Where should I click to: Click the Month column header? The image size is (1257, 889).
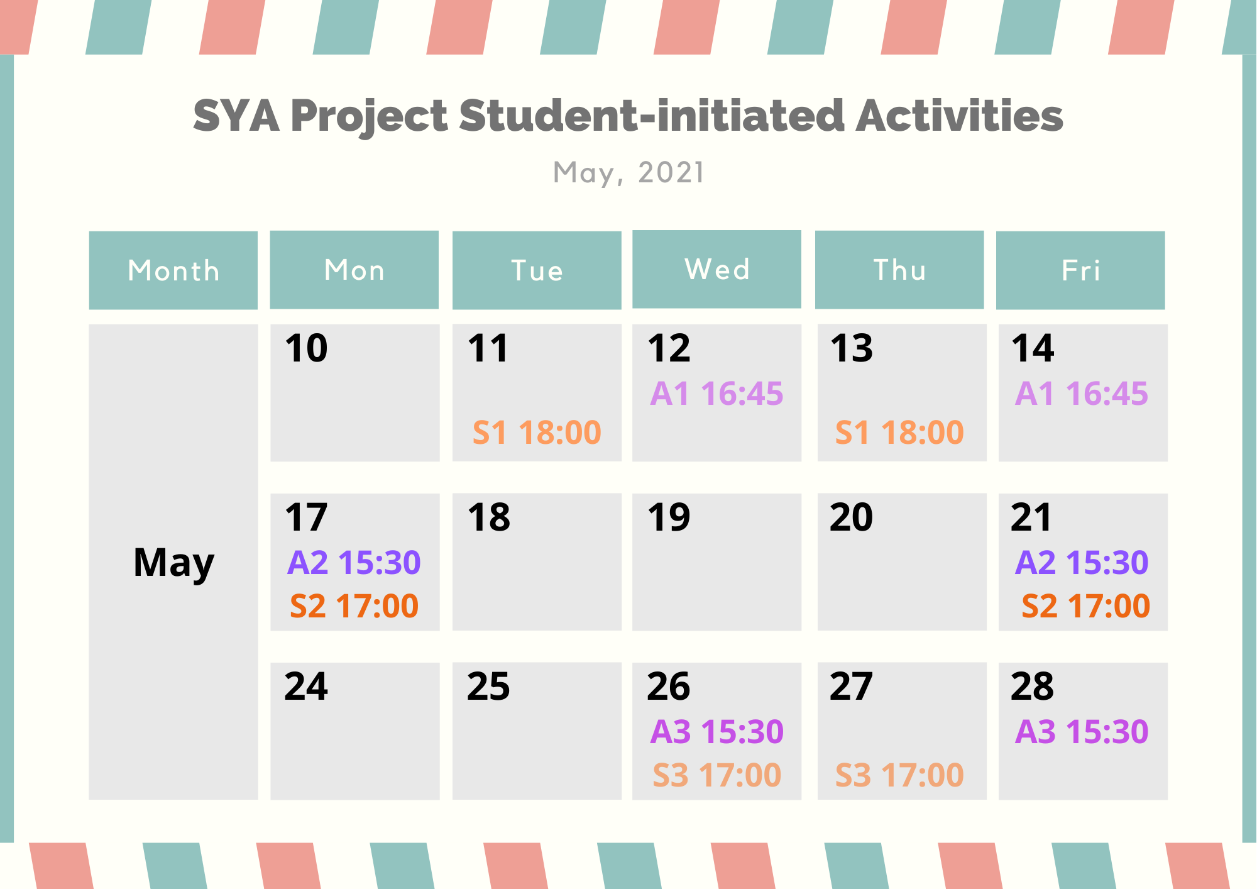click(173, 270)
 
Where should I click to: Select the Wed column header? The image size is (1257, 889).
click(716, 269)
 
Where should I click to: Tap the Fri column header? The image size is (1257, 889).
click(1080, 270)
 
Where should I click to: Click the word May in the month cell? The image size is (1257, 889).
click(174, 563)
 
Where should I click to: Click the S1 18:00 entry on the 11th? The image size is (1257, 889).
click(537, 433)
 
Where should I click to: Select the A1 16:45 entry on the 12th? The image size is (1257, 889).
click(716, 394)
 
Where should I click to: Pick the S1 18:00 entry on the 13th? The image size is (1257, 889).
click(899, 433)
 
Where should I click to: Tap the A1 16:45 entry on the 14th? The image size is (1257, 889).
click(1082, 394)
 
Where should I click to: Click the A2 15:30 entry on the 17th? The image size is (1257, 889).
click(354, 562)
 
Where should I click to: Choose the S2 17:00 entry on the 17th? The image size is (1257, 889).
click(354, 606)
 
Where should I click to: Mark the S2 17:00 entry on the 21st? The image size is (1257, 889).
click(1085, 606)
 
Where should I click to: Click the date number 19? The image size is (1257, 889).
click(669, 517)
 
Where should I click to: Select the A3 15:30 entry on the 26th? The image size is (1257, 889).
click(716, 731)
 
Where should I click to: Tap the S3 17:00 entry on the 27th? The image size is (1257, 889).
click(899, 775)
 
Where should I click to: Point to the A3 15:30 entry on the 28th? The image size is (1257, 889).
click(1082, 731)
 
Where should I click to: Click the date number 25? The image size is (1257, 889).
click(488, 686)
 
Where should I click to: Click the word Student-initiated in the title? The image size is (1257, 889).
click(651, 116)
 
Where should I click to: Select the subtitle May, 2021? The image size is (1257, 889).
click(628, 173)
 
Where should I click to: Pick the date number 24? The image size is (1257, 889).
click(306, 686)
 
